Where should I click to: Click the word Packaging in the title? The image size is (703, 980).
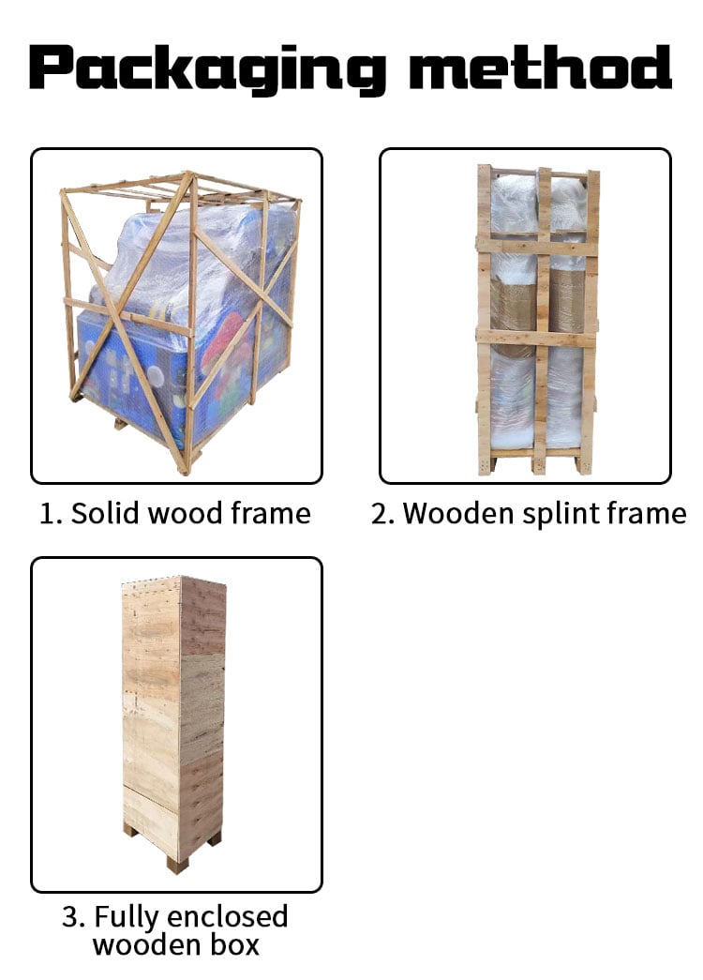click(x=207, y=69)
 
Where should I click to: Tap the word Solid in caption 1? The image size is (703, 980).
click(x=104, y=513)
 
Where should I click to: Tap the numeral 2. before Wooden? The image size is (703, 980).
click(x=382, y=514)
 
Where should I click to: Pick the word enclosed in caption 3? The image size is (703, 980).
click(x=228, y=916)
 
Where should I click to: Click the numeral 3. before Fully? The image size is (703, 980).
click(x=74, y=917)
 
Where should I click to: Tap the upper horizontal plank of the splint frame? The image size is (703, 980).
click(x=537, y=245)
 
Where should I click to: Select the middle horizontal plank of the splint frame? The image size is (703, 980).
click(x=536, y=337)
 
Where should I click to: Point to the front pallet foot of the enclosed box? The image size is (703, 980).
click(x=177, y=865)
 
